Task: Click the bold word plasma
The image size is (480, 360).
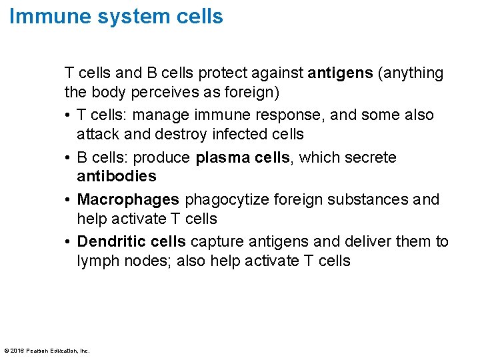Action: (219, 158)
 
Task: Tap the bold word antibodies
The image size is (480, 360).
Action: (117, 176)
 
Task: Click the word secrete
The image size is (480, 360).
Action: (369, 158)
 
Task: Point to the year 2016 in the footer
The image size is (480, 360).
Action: (17, 350)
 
